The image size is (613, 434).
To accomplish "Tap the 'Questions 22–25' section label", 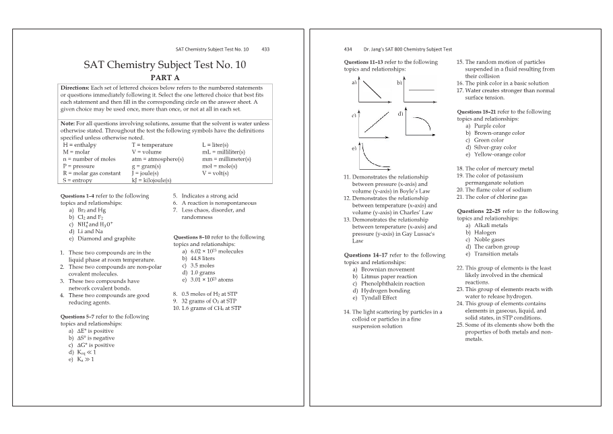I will tap(479, 211).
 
